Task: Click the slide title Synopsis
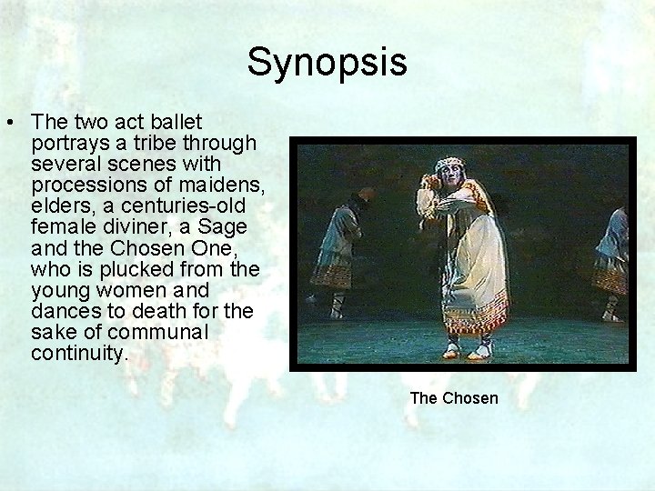[x=327, y=63]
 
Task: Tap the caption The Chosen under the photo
[x=454, y=398]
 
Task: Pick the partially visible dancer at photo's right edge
[x=614, y=259]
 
